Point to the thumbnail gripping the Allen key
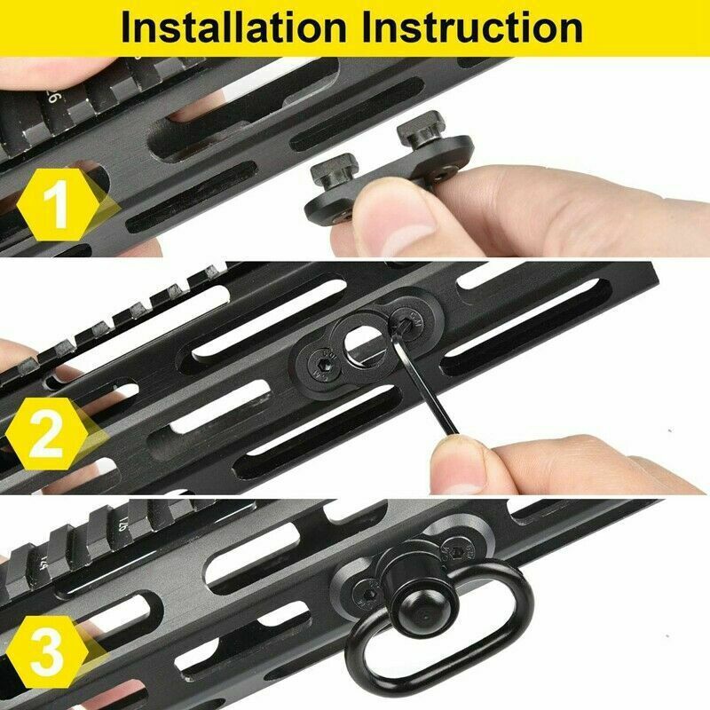pyautogui.click(x=461, y=461)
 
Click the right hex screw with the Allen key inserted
pyautogui.click(x=410, y=321)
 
